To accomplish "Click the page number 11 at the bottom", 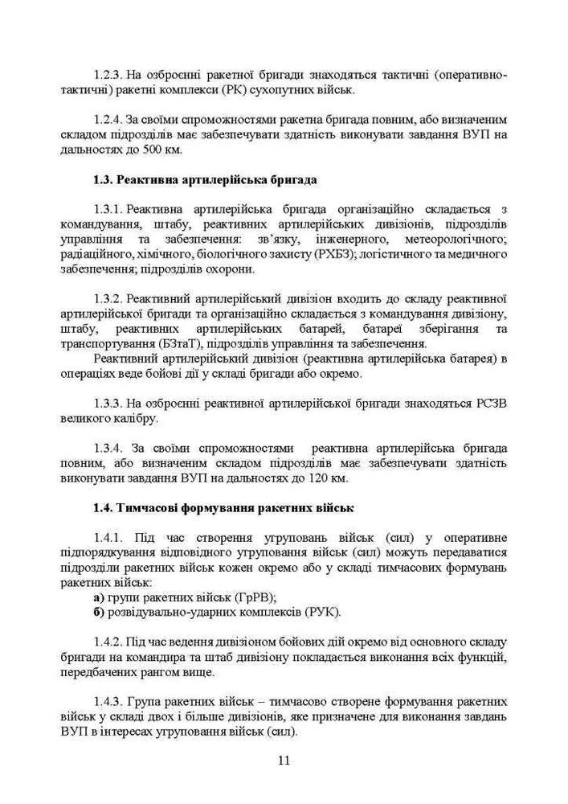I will click(x=284, y=761).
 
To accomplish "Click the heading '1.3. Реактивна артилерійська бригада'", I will click(x=204, y=179).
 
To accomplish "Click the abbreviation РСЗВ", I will click(x=489, y=404).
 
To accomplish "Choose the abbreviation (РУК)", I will click(x=323, y=612).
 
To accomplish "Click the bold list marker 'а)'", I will click(x=99, y=597).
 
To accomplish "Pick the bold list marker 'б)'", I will click(x=99, y=612).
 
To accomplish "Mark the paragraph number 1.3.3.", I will click(x=108, y=404).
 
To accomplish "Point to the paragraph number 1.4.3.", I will click(x=108, y=701).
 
